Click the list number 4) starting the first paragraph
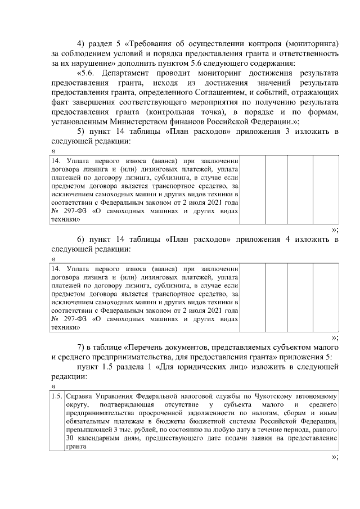80,43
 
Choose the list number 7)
80,345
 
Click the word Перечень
150,345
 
